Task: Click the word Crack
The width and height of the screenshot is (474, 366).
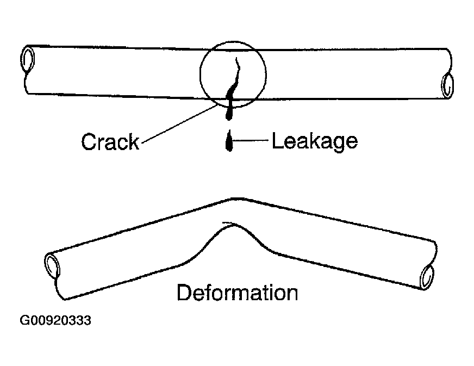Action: (x=110, y=142)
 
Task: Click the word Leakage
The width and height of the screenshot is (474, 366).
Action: (x=315, y=141)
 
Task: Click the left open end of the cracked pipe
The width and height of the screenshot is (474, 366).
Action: (x=27, y=59)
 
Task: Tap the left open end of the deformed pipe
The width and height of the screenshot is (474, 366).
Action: (x=52, y=264)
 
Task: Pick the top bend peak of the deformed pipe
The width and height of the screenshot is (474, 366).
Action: (x=234, y=200)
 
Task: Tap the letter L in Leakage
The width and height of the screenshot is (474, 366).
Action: (x=276, y=141)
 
